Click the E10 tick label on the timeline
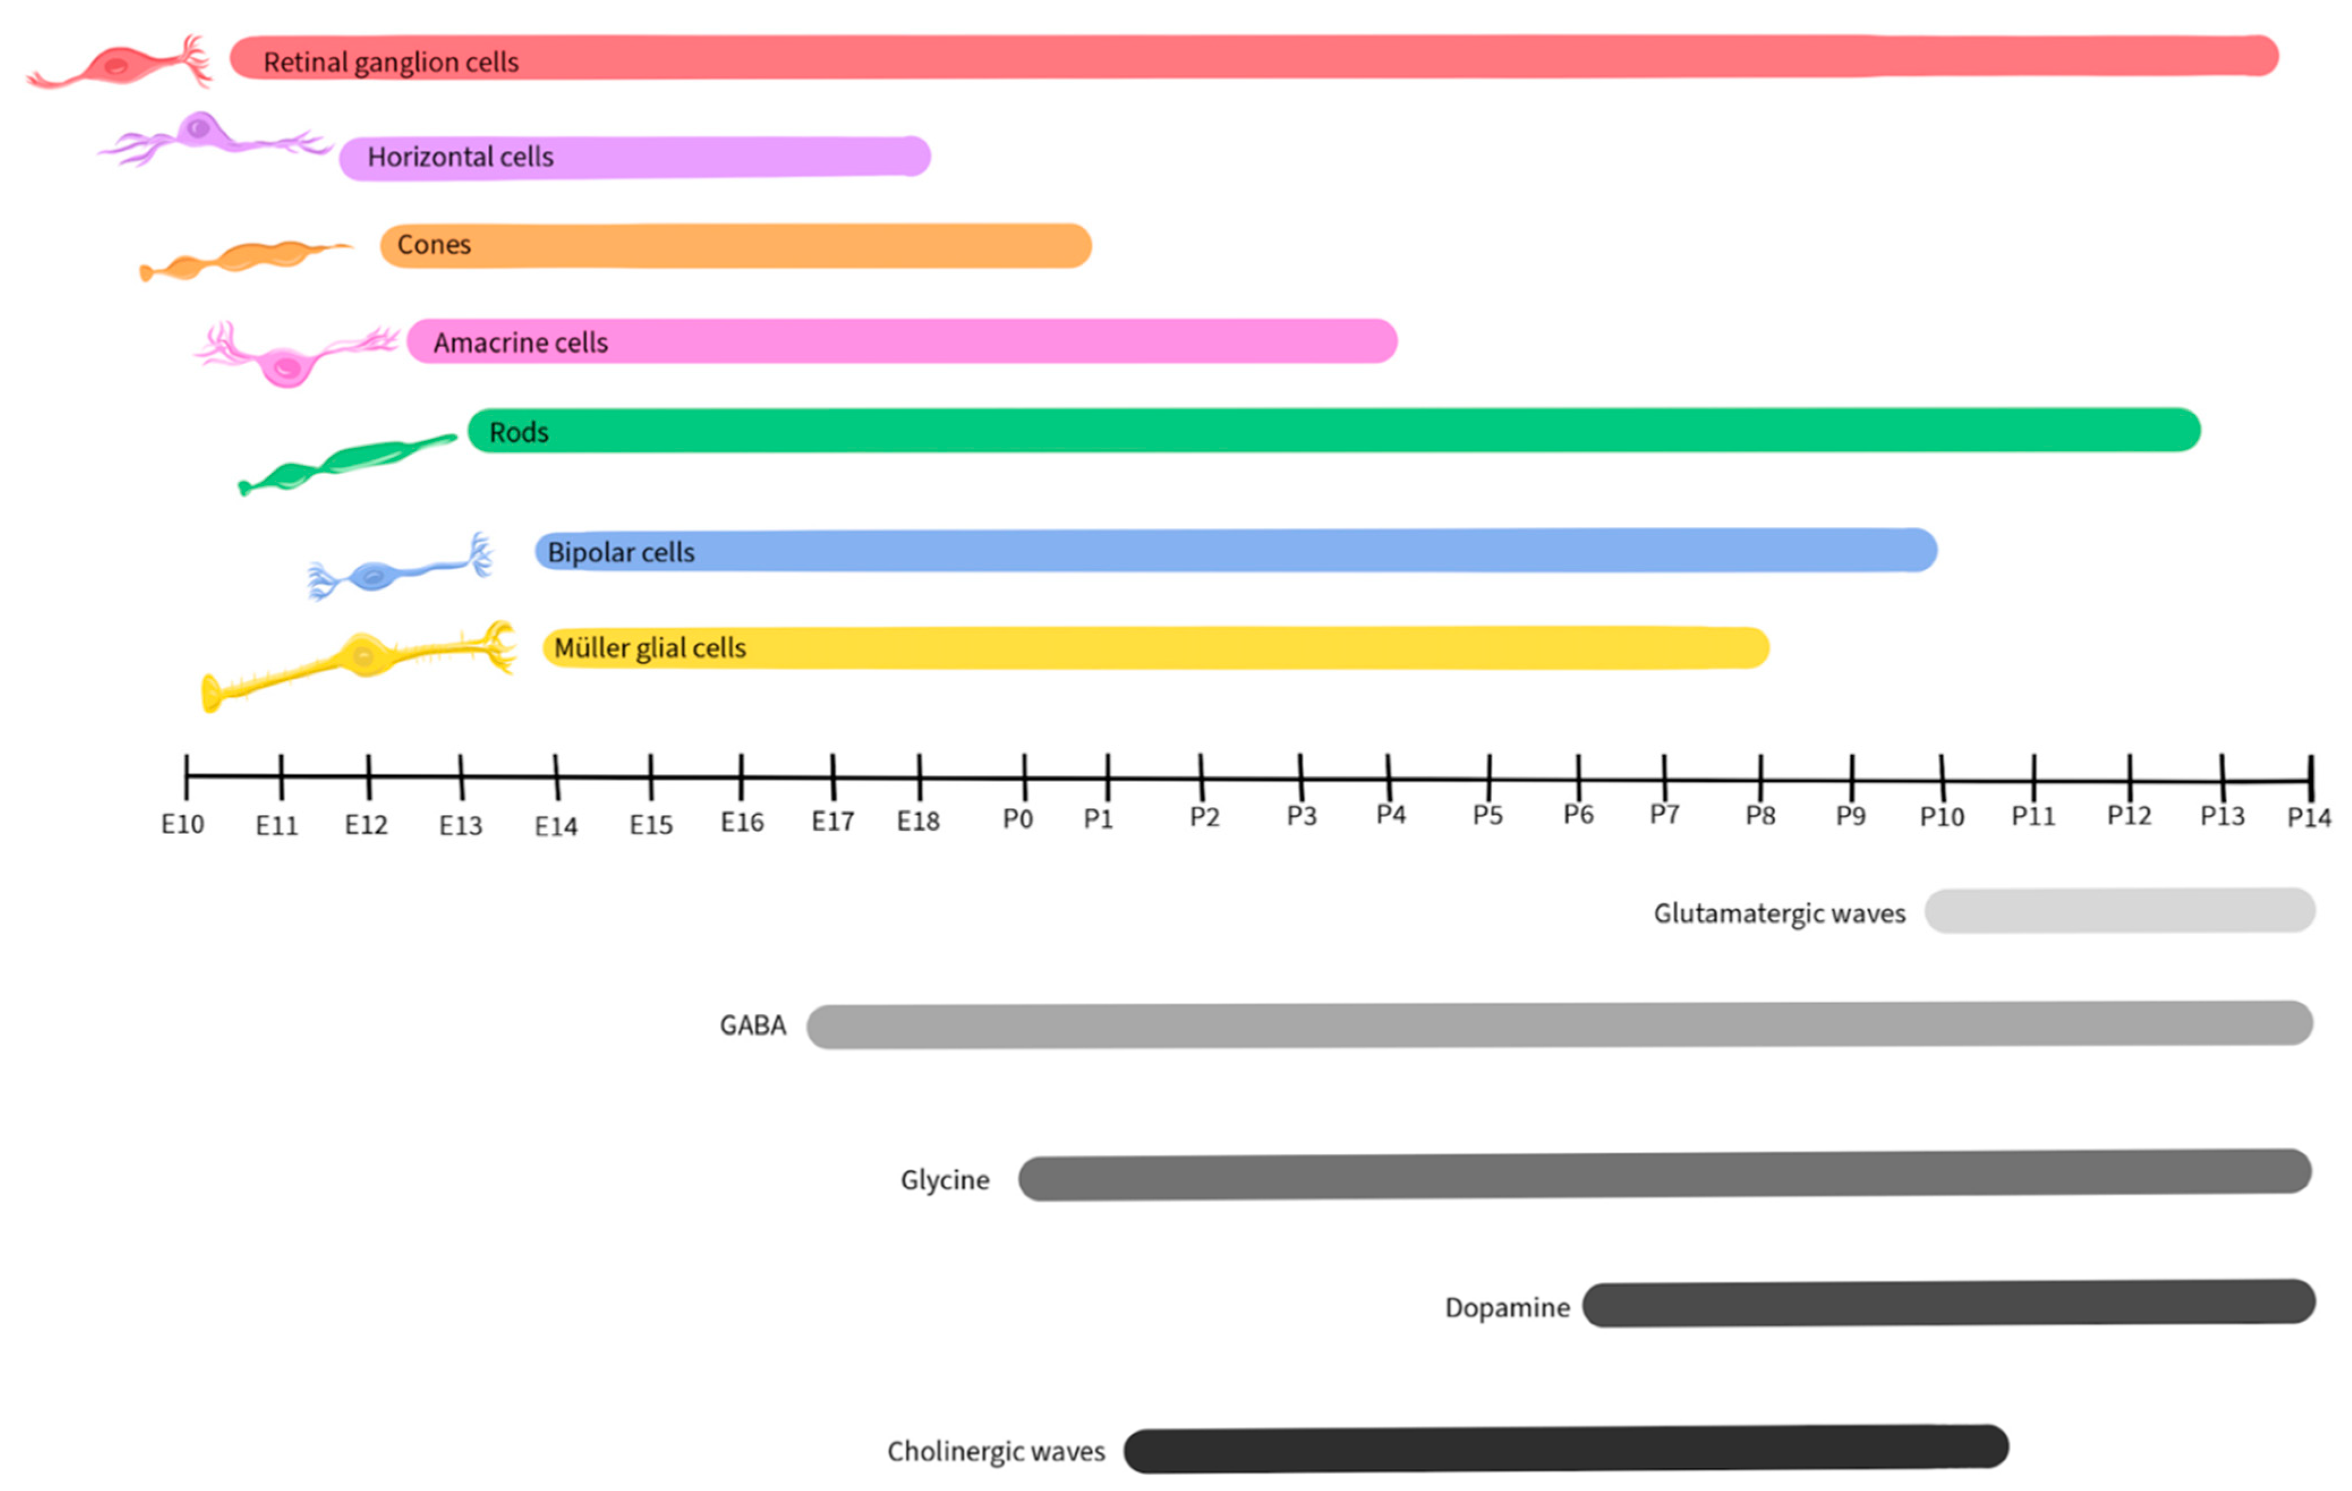click(182, 825)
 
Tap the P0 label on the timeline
click(1018, 819)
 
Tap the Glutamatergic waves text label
click(1779, 914)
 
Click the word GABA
click(752, 1026)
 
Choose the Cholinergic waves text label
click(995, 1452)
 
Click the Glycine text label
click(944, 1181)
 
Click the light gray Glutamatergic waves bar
click(2120, 911)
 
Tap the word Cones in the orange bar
click(434, 245)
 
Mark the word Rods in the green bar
click(519, 433)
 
